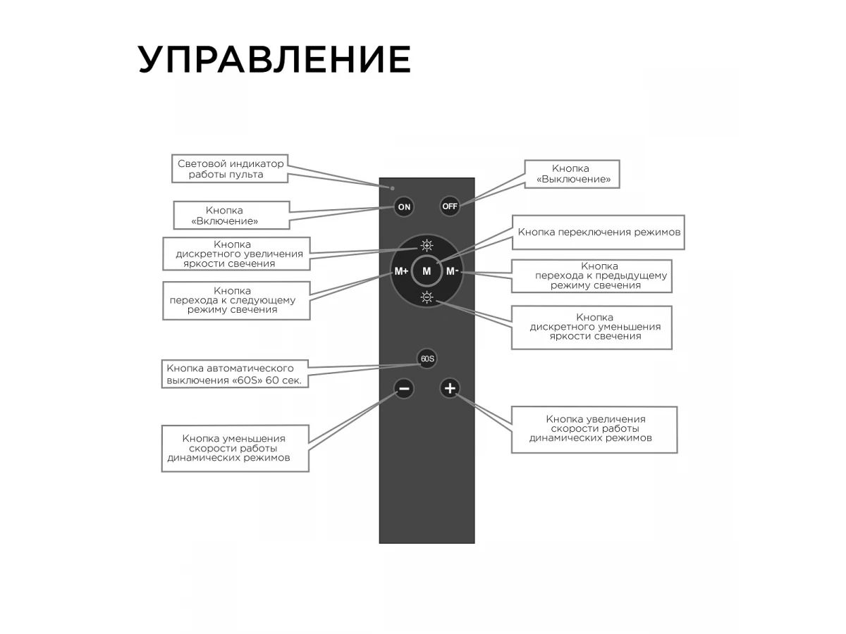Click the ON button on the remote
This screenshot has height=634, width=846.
pos(404,207)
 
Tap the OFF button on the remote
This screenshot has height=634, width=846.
pos(450,206)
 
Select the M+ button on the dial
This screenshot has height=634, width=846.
pos(401,271)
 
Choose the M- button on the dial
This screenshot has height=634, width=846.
pos(453,271)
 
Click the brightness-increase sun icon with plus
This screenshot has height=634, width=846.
pos(427,245)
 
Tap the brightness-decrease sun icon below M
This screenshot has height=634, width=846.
pos(427,297)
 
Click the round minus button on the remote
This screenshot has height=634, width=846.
pos(404,388)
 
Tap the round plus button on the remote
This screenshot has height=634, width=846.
pos(450,388)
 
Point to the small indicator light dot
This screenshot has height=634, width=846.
pos(393,188)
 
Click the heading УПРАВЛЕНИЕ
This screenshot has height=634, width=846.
pos(274,59)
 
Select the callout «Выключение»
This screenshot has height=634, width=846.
pos(572,174)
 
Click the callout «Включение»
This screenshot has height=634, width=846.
pos(231,215)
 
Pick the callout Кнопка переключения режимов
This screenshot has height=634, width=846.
pos(598,232)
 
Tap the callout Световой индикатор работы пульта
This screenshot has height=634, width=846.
pos(230,168)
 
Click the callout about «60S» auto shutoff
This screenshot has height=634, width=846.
pos(235,374)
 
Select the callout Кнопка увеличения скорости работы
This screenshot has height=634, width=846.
pos(594,430)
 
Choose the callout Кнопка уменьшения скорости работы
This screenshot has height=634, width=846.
pos(235,449)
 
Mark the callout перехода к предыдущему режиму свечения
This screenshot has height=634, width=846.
pos(591,276)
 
